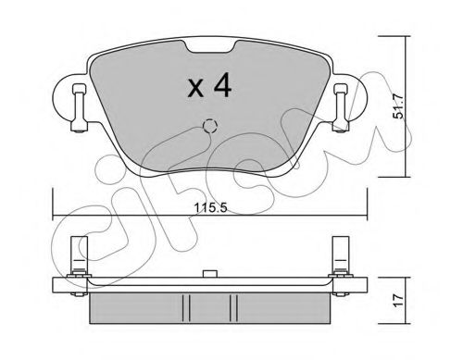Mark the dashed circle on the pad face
208,127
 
